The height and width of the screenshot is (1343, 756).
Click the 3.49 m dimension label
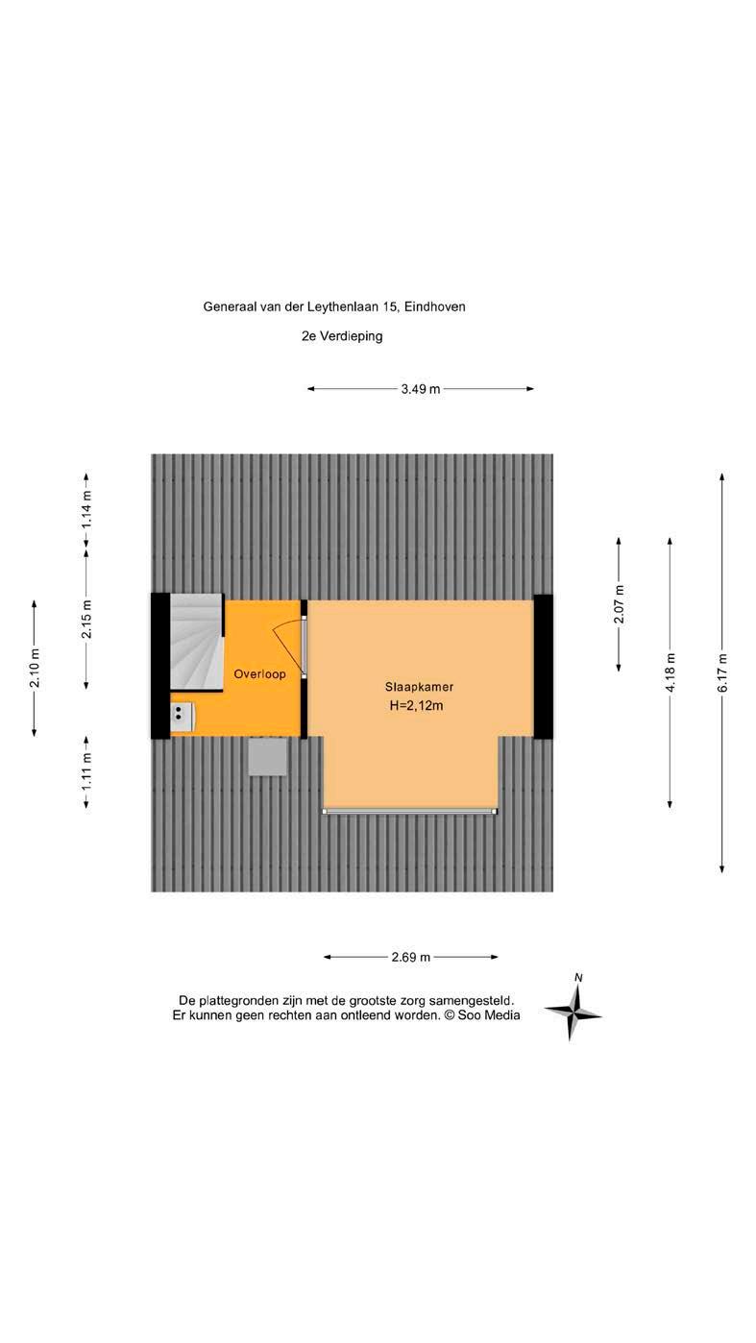[x=420, y=389]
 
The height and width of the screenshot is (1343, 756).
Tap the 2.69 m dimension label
[x=410, y=957]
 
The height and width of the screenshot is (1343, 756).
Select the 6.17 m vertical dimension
[x=723, y=671]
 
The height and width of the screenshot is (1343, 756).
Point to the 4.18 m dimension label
[x=671, y=671]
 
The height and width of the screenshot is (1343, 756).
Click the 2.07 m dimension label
[x=620, y=604]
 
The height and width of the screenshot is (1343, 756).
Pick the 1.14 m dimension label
[x=86, y=510]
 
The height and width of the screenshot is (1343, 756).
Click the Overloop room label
[x=259, y=674]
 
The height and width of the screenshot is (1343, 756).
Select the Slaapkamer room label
[x=419, y=688]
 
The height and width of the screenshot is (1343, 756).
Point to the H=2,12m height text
[x=419, y=706]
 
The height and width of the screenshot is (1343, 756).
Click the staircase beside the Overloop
[x=196, y=642]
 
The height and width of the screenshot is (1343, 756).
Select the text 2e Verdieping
[x=341, y=336]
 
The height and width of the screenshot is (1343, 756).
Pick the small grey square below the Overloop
[x=267, y=756]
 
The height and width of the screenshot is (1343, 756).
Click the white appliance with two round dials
[x=182, y=715]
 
